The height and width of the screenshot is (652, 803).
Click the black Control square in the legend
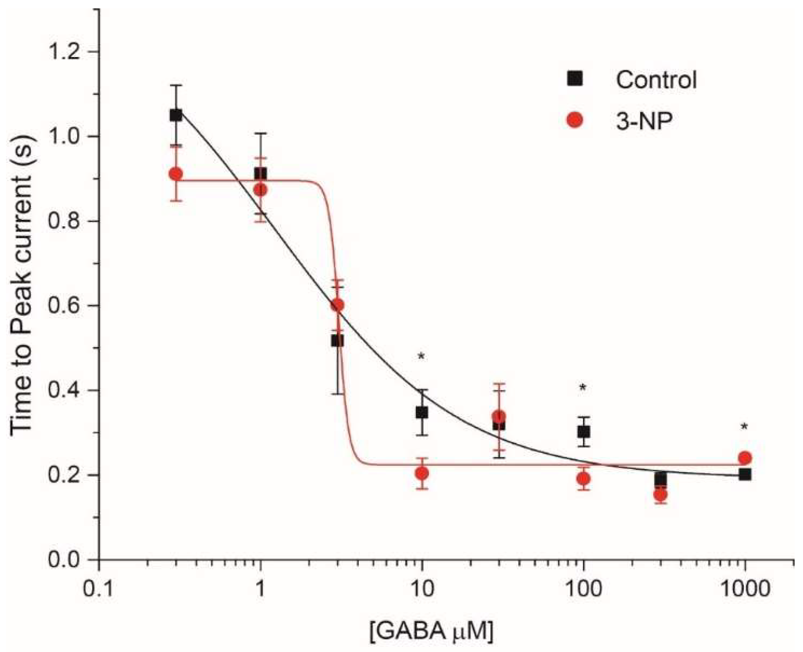pyautogui.click(x=575, y=79)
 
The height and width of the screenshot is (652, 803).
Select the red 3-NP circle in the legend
pyautogui.click(x=575, y=120)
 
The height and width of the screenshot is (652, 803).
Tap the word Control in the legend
pyautogui.click(x=656, y=80)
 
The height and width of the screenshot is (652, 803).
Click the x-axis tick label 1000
pyautogui.click(x=745, y=589)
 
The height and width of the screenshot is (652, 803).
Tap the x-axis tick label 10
pyautogui.click(x=421, y=589)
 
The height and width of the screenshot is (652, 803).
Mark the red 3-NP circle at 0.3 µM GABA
pyautogui.click(x=176, y=174)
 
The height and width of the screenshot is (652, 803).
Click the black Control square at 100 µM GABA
pyautogui.click(x=583, y=432)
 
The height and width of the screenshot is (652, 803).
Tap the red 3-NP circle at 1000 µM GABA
pyautogui.click(x=745, y=458)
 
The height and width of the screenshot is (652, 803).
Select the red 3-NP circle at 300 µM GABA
pyautogui.click(x=660, y=495)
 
